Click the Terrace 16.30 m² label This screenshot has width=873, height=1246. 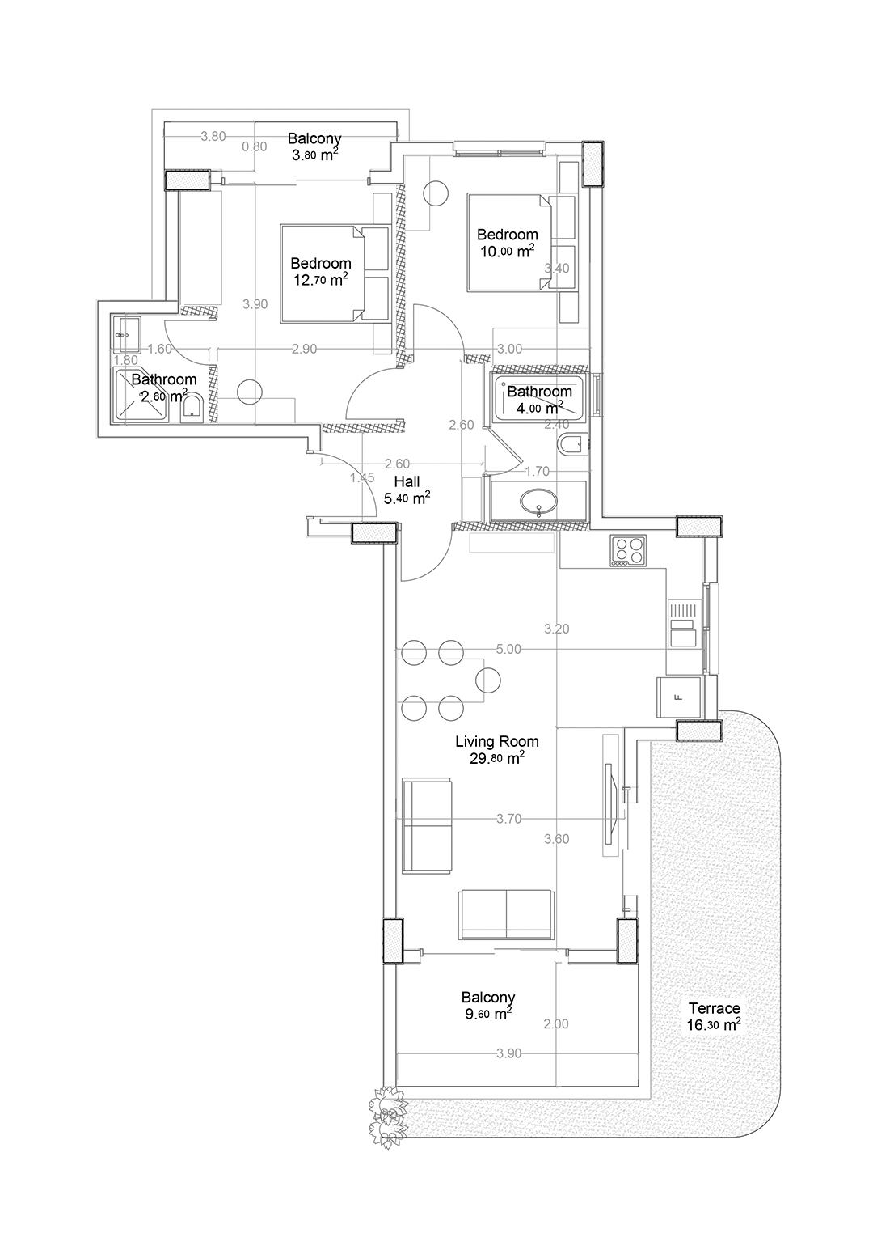tap(714, 1016)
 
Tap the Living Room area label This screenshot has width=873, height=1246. tap(497, 749)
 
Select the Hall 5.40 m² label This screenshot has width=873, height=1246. tap(407, 489)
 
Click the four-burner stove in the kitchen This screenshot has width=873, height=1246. tap(628, 551)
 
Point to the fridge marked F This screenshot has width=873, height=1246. tap(678, 697)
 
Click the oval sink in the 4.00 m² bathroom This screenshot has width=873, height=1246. tap(538, 502)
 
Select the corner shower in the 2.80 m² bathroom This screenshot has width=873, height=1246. tap(141, 395)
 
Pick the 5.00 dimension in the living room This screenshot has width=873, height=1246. tap(508, 649)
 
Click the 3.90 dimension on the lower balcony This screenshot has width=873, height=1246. tap(508, 1053)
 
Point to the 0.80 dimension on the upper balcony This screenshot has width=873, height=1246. tap(255, 147)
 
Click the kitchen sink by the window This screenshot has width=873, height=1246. tap(685, 624)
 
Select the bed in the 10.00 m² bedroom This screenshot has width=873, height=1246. tap(510, 242)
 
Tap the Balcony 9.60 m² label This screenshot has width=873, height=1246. tap(488, 1005)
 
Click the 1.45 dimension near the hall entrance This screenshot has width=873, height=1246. tap(362, 478)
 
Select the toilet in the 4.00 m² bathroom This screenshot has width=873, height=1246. tap(571, 443)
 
